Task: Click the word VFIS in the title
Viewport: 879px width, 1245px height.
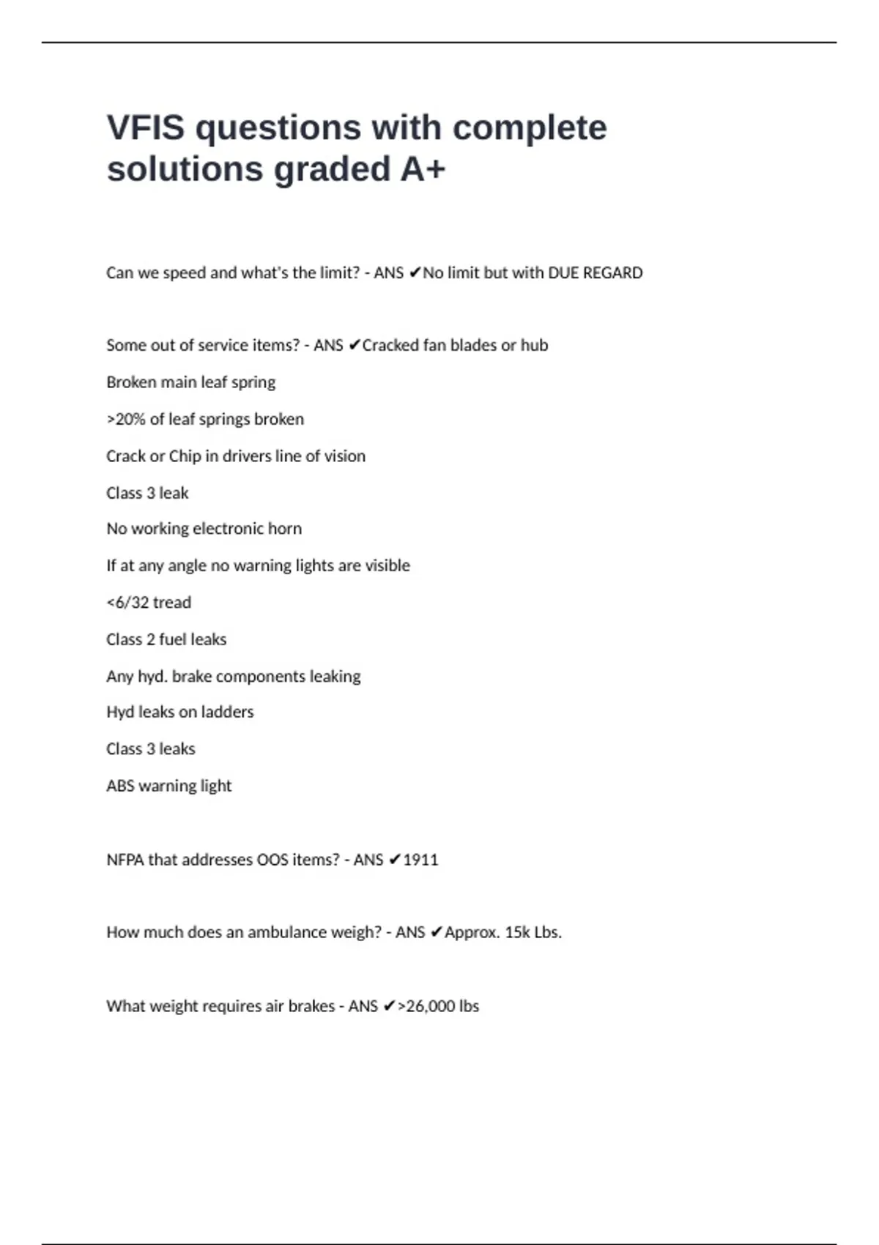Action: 146,128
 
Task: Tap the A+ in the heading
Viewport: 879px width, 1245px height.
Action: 423,169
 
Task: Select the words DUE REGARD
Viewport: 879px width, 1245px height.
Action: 595,273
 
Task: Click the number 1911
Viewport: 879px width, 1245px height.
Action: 420,860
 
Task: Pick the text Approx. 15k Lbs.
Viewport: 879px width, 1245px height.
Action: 502,932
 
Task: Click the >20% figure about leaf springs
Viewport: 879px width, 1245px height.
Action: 126,420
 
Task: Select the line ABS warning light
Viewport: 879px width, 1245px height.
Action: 168,786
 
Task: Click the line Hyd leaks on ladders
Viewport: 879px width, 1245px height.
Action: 179,712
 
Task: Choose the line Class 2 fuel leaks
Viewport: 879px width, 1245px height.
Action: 166,639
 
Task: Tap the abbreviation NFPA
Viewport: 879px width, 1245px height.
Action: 125,860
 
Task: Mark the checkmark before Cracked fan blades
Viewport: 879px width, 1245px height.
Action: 354,345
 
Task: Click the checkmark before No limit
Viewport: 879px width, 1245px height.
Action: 415,273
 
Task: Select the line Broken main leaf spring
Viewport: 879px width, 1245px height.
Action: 190,382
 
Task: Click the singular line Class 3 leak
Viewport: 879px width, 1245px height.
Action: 147,493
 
